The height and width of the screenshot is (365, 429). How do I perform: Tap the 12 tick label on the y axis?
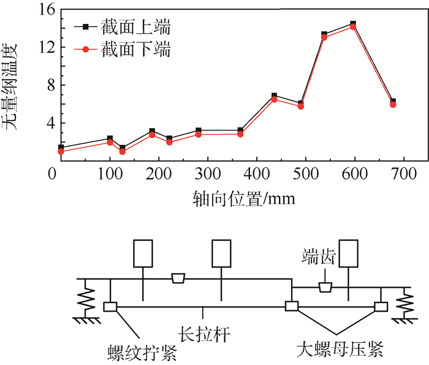pyautogui.click(x=39, y=47)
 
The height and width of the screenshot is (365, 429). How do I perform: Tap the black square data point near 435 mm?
pyautogui.click(x=274, y=96)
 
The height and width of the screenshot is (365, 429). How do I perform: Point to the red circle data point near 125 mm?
pyautogui.click(x=123, y=152)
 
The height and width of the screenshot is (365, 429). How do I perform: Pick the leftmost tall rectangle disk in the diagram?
pyautogui.click(x=142, y=253)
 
